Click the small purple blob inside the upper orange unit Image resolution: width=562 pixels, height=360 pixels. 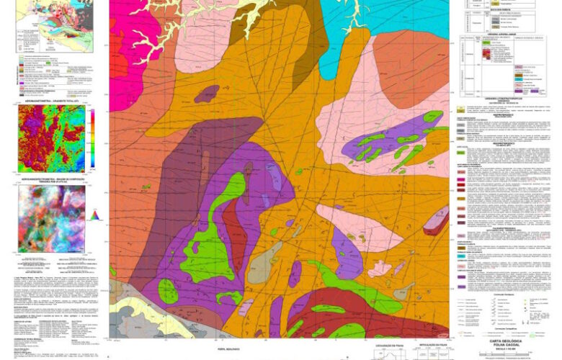click(x=208, y=93)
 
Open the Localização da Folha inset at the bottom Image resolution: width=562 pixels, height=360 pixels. click(x=390, y=352)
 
